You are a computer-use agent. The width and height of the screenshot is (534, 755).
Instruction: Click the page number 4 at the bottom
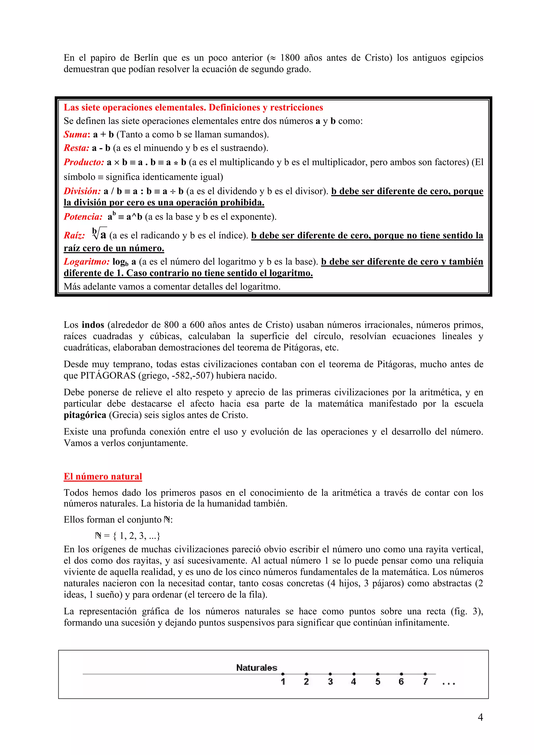(480, 717)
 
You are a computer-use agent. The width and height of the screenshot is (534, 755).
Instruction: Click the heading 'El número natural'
(103, 476)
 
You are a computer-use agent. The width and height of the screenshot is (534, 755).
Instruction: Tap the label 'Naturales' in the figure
(257, 667)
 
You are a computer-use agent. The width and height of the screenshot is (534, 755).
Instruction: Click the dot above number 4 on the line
(354, 674)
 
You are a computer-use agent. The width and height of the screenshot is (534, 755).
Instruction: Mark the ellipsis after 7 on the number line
(448, 684)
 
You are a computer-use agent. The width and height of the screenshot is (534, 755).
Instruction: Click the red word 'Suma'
(75, 134)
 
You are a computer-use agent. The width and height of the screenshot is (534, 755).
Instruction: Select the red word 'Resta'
(76, 148)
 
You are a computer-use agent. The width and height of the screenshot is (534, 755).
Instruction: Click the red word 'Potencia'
(83, 217)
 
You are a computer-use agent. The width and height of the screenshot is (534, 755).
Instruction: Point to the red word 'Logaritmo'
(87, 262)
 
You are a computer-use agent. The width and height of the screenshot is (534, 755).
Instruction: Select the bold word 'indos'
(93, 325)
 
